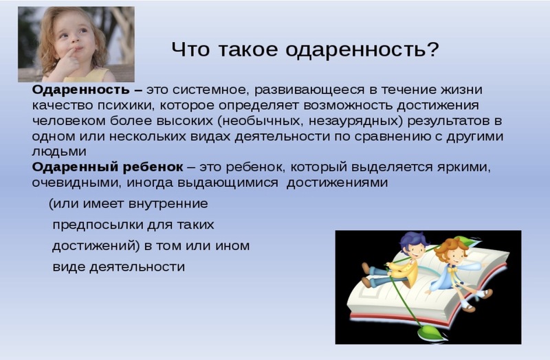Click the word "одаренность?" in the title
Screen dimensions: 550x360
(362, 50)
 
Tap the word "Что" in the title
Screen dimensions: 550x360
(191, 49)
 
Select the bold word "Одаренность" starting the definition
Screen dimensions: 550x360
(80, 90)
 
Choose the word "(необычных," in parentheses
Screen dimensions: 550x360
(261, 121)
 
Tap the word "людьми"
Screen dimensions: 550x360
(59, 151)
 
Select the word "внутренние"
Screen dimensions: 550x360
(168, 203)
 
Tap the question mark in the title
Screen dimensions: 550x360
(433, 49)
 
